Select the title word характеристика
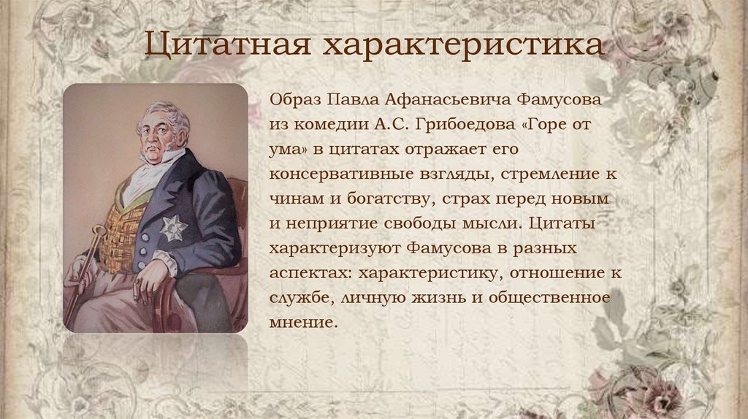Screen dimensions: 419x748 [x=465, y=45]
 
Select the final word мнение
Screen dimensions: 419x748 [x=303, y=323]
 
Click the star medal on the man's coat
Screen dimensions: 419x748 [x=173, y=228]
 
